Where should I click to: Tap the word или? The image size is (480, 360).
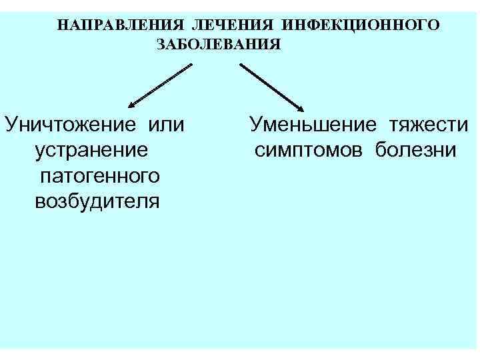[x=167, y=125]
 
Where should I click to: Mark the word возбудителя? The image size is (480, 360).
[x=97, y=201]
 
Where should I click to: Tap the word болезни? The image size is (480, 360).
[x=415, y=150]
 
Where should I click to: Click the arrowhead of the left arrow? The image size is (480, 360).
[x=131, y=105]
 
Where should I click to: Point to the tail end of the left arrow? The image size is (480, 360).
[x=191, y=65]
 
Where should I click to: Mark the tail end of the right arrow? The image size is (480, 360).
[x=241, y=65]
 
